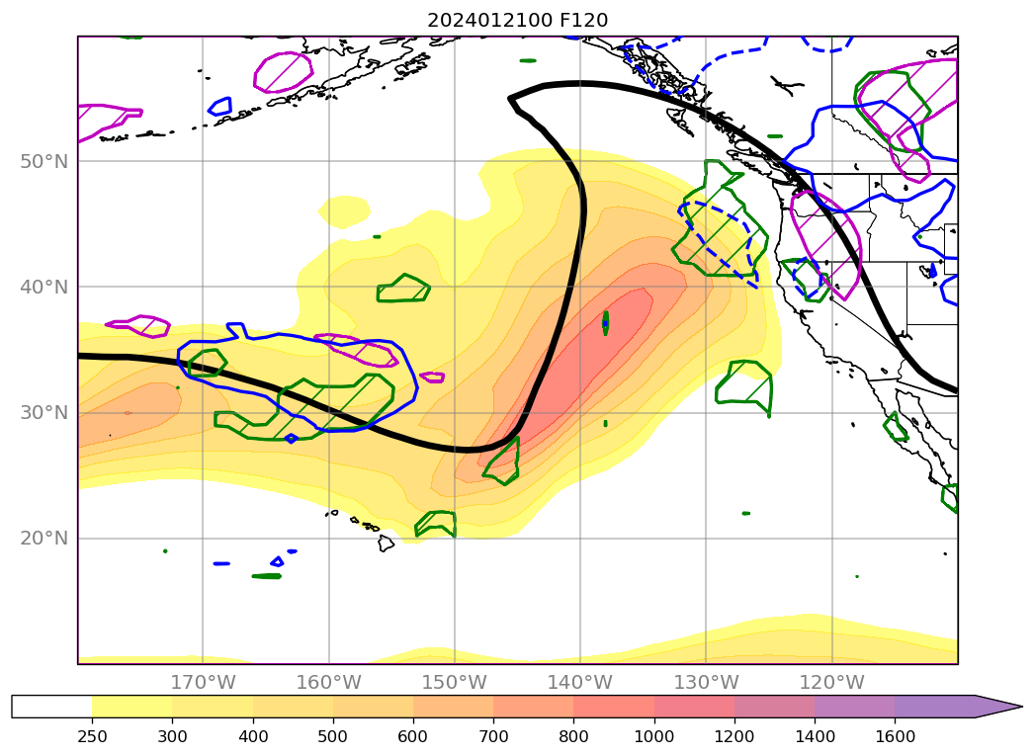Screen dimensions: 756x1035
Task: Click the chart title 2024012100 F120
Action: click(517, 20)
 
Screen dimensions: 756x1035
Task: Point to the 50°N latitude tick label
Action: click(45, 161)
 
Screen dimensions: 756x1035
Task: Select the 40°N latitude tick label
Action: click(45, 287)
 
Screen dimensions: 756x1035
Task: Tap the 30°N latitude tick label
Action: click(45, 412)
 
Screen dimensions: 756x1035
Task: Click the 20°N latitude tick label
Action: click(45, 539)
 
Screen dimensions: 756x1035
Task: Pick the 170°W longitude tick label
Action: click(203, 682)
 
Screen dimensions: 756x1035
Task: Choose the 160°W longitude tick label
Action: click(328, 682)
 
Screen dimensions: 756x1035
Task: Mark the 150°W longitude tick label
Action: click(454, 682)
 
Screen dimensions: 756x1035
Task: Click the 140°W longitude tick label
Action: click(579, 682)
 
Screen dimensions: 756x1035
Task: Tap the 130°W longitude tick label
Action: click(706, 682)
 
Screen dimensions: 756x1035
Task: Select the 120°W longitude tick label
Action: click(831, 682)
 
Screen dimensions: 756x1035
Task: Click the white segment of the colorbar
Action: click(51, 706)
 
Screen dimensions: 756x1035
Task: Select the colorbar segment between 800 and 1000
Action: click(613, 706)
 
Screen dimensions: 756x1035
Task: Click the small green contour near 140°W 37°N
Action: click(605, 322)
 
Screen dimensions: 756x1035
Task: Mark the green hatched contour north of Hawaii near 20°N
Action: click(436, 523)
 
